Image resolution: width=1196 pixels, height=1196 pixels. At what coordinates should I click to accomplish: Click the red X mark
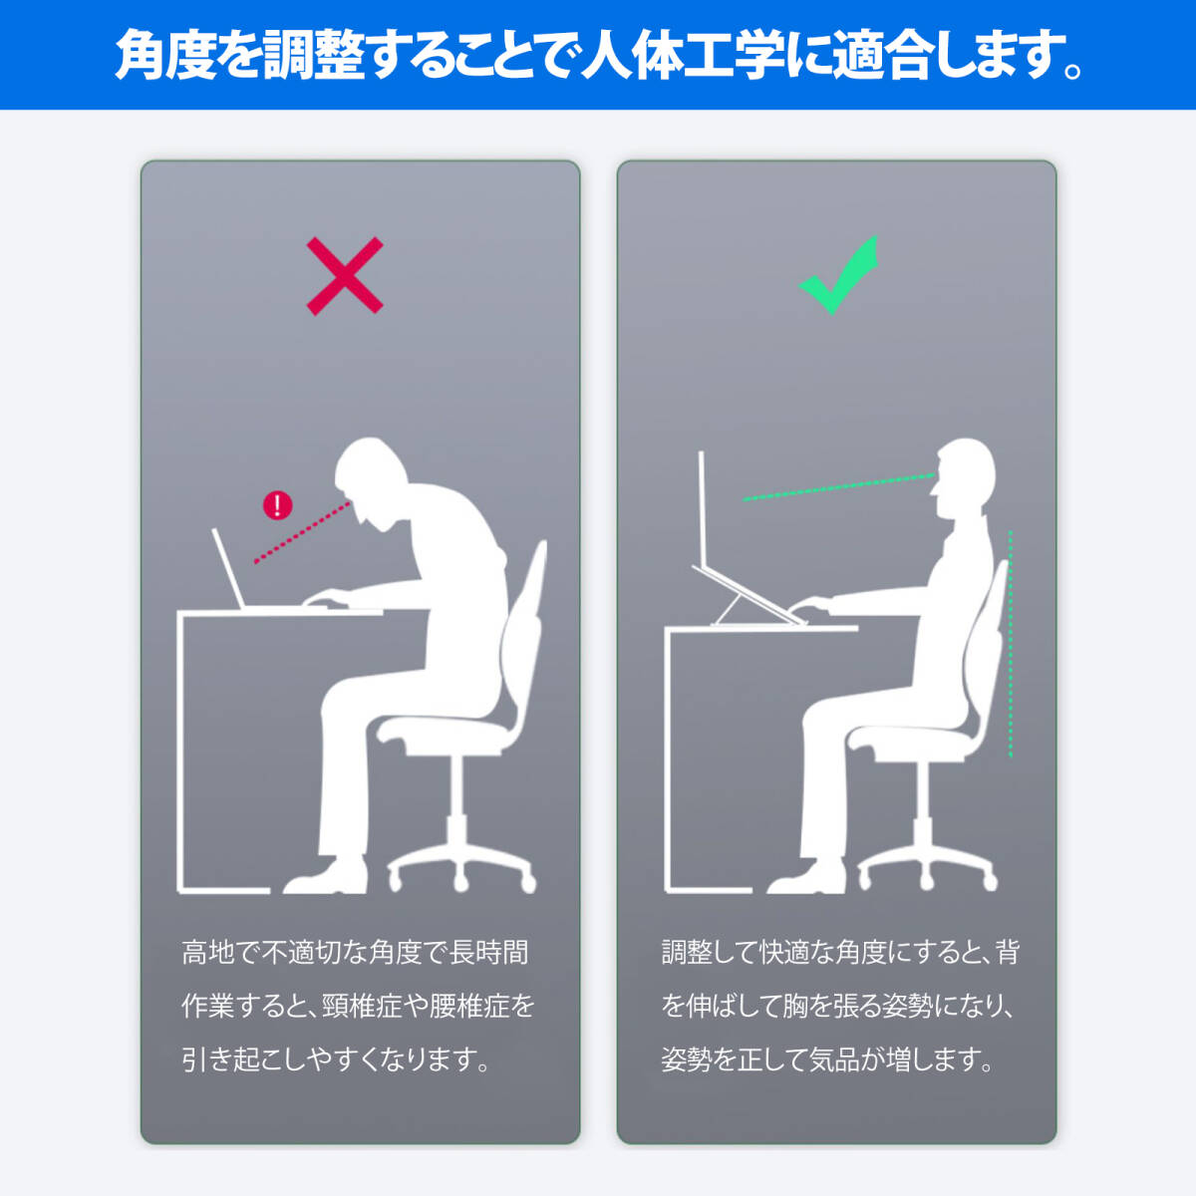pos(345,276)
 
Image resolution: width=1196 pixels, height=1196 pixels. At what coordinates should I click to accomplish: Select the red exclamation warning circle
pos(277,505)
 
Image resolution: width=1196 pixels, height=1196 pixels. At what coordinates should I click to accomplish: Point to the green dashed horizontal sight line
pos(837,487)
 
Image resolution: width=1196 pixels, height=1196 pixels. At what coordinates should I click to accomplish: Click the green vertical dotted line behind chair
pos(1011,643)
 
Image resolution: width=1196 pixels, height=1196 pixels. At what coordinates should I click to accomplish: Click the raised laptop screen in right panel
pos(703,508)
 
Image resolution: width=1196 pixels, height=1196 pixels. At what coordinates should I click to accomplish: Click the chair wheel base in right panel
pos(927,867)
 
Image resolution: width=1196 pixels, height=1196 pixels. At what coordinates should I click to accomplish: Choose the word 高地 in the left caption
pos(207,953)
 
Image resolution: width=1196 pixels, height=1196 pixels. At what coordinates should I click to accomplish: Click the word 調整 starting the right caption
pos(686,953)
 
